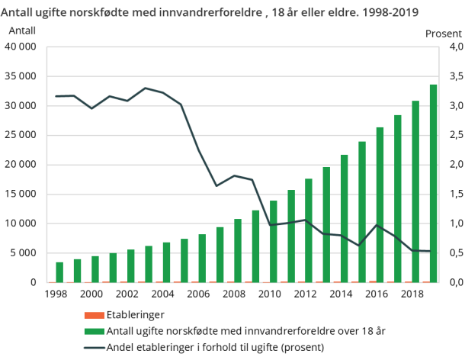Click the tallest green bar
[x=433, y=183]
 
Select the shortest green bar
[x=59, y=272]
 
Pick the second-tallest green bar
[x=415, y=191]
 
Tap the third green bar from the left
[x=95, y=269]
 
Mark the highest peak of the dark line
[x=146, y=88]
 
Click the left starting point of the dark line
[x=56, y=96]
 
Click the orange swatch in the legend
[x=93, y=315]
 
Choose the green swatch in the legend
[x=93, y=331]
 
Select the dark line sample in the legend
[x=93, y=347]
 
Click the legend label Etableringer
[x=135, y=315]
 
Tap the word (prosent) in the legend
[x=301, y=347]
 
